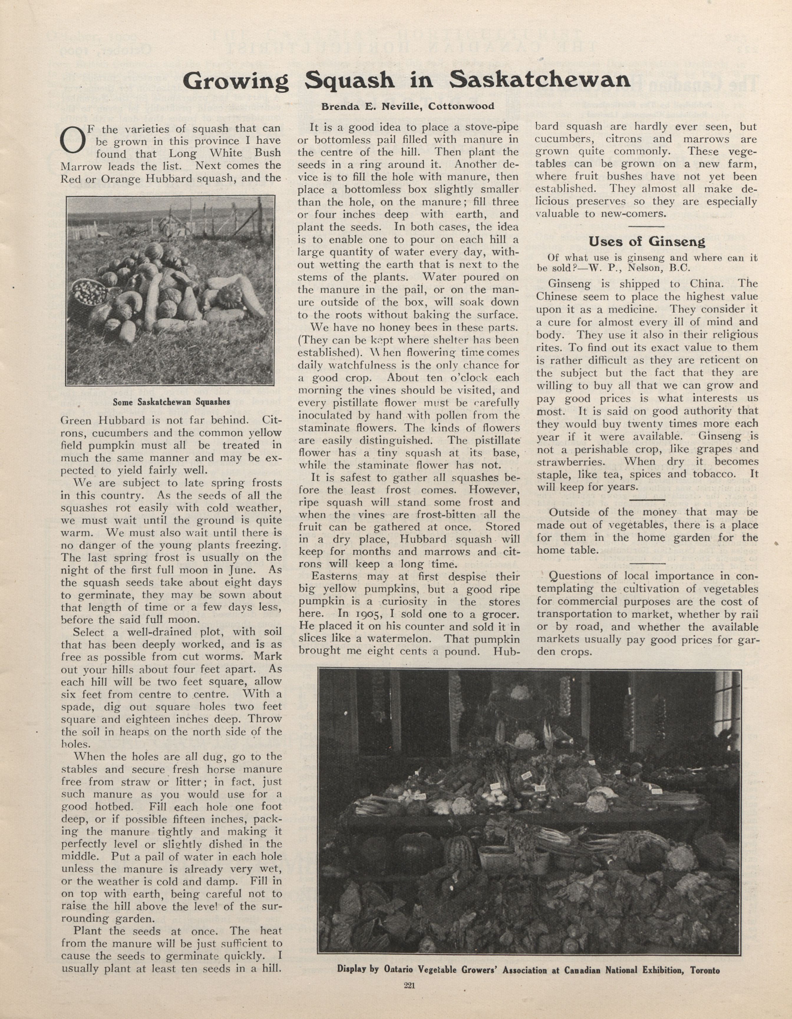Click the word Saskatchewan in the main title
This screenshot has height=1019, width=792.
[540, 80]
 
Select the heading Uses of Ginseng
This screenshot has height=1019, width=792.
[646, 241]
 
